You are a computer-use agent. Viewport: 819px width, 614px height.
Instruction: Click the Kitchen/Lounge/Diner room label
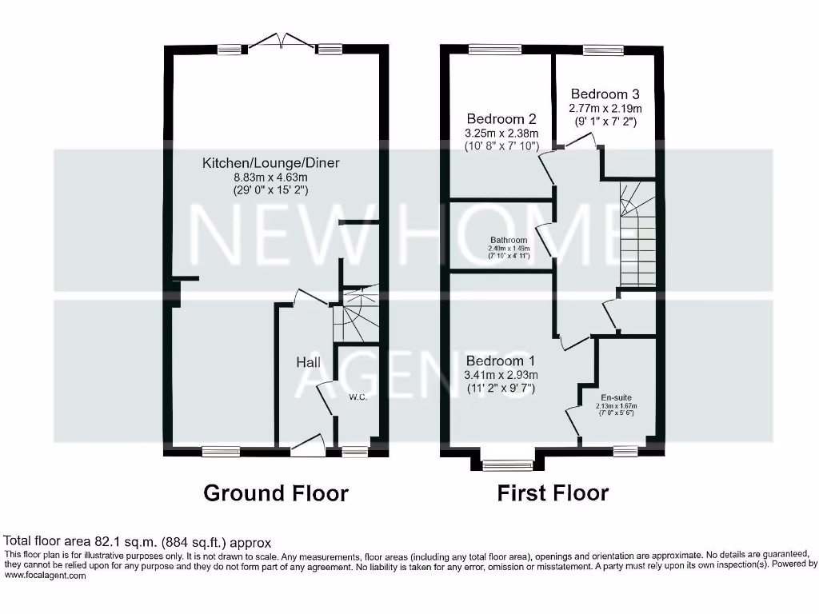click(x=270, y=163)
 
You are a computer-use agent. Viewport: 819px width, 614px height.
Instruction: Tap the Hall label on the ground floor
click(x=309, y=363)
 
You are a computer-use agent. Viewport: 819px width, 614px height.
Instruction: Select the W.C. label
click(x=358, y=397)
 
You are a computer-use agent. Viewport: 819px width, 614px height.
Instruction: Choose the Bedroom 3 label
click(x=605, y=94)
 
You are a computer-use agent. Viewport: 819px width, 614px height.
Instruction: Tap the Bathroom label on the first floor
click(x=509, y=240)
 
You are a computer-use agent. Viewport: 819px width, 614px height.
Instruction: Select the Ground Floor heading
click(x=276, y=492)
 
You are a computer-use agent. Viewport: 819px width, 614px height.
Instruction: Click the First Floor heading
click(x=553, y=492)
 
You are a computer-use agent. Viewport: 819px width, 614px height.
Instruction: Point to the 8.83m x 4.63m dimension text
click(x=270, y=177)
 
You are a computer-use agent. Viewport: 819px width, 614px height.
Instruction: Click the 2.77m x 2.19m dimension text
click(x=605, y=108)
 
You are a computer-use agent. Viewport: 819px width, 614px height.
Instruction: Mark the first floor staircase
click(x=637, y=233)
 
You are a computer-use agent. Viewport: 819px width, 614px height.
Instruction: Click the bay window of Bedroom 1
click(x=506, y=465)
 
